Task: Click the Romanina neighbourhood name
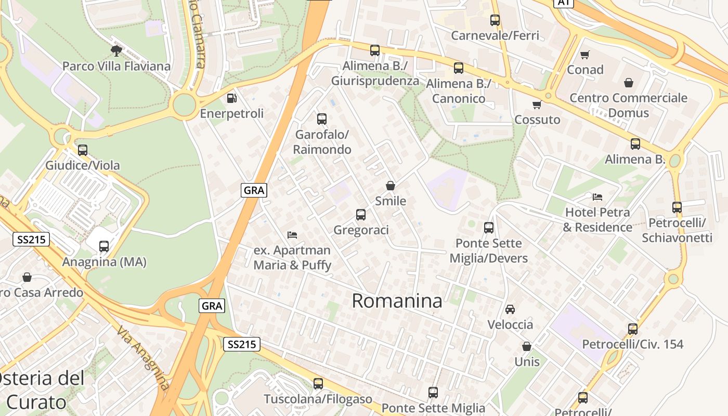point(397,301)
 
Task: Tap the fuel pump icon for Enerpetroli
point(232,98)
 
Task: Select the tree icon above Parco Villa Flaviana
point(116,50)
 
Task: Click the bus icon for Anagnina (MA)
point(104,246)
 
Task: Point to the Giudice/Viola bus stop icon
point(83,150)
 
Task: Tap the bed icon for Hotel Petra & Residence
point(597,197)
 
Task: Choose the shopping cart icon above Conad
point(585,55)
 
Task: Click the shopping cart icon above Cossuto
point(537,105)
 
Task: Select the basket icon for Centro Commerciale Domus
point(629,83)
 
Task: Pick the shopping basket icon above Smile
point(391,186)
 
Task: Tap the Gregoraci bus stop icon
point(360,215)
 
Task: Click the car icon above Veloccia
point(510,309)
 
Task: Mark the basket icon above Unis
point(527,346)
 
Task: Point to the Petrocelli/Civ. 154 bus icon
point(633,329)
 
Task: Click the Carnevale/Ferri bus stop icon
point(495,20)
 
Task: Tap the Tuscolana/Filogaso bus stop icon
point(318,384)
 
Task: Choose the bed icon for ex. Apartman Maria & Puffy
point(292,235)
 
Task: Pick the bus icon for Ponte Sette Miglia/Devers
point(489,228)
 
